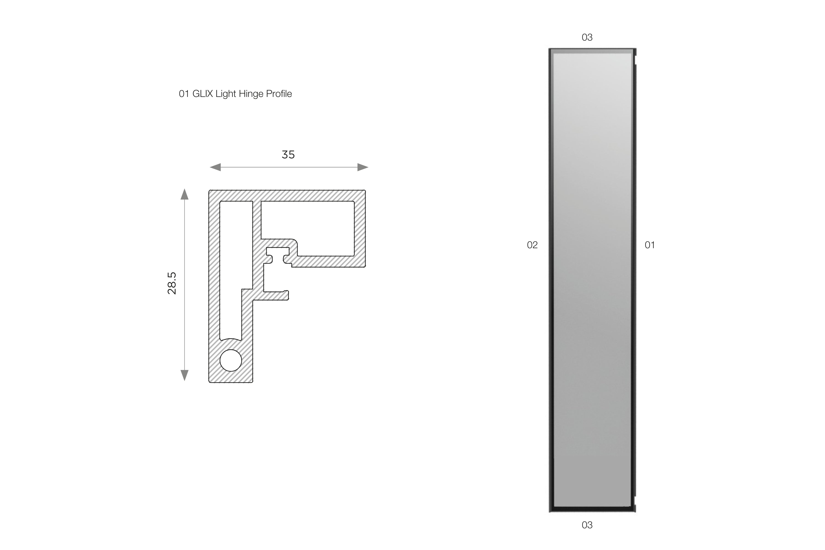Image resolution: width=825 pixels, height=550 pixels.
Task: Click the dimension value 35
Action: [x=288, y=155]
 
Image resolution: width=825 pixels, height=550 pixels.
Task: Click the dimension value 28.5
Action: [x=172, y=283]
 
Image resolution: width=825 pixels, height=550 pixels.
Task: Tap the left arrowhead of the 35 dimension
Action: [x=215, y=167]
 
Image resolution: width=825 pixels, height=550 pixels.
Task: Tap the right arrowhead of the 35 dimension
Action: [x=363, y=167]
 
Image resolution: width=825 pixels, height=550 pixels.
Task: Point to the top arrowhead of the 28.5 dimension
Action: [x=184, y=194]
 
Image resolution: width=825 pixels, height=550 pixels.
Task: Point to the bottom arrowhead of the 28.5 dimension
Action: [x=184, y=375]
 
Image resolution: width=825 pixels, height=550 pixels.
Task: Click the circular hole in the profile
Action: [x=231, y=360]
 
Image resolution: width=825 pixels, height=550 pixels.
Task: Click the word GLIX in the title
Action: [x=203, y=94]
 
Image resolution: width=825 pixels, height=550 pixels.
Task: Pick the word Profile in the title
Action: [x=279, y=94]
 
